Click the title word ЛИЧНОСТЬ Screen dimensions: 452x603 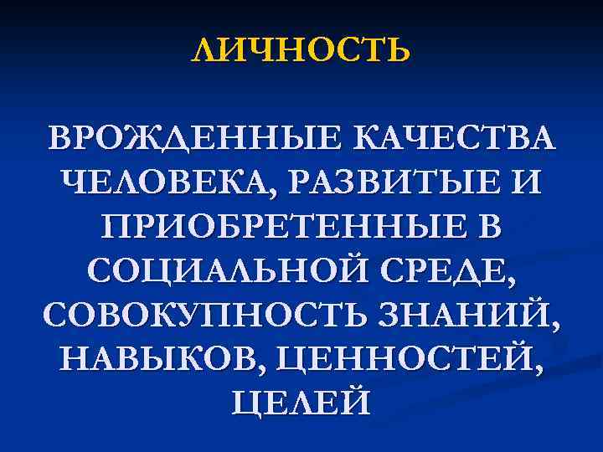pos(301,51)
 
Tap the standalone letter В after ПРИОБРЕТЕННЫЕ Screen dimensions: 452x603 pos(495,227)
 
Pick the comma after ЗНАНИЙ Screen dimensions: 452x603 pos(556,326)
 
